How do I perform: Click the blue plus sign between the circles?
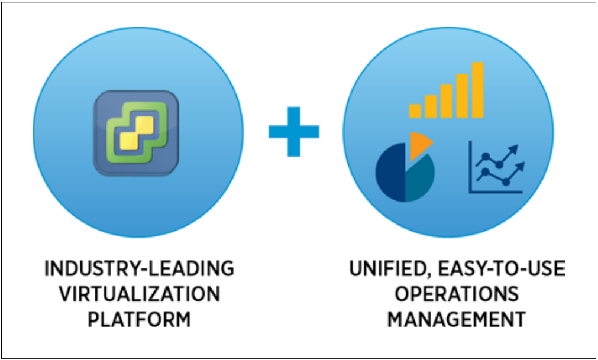click(294, 131)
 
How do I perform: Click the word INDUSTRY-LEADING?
click(140, 269)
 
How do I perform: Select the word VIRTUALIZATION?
click(140, 294)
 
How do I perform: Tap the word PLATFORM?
click(140, 320)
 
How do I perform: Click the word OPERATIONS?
click(457, 294)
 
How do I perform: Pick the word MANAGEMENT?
click(457, 320)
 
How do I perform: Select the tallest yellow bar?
click(478, 90)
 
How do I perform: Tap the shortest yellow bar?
click(415, 111)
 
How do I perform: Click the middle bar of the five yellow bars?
click(447, 100)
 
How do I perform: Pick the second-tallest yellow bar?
click(462, 95)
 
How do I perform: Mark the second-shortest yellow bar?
click(431, 106)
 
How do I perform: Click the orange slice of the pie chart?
click(419, 144)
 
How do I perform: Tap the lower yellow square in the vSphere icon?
click(128, 141)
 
